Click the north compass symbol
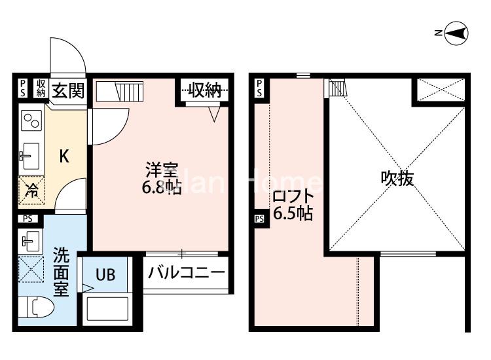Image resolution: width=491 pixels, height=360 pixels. pyautogui.click(x=456, y=33)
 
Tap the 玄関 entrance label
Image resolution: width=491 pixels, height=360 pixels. pyautogui.click(x=67, y=90)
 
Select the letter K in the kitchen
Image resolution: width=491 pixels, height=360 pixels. pyautogui.click(x=64, y=156)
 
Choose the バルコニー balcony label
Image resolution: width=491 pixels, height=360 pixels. pyautogui.click(x=186, y=272)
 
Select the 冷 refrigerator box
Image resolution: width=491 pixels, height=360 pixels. pyautogui.click(x=31, y=191)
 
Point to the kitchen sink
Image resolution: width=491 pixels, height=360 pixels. pyautogui.click(x=29, y=156)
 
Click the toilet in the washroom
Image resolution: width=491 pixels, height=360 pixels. pyautogui.click(x=34, y=307)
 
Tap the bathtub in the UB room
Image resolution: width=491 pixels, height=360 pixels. pyautogui.click(x=109, y=308)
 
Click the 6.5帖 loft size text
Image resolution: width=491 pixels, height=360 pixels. pyautogui.click(x=292, y=213)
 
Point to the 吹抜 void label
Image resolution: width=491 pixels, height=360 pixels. pyautogui.click(x=397, y=178)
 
